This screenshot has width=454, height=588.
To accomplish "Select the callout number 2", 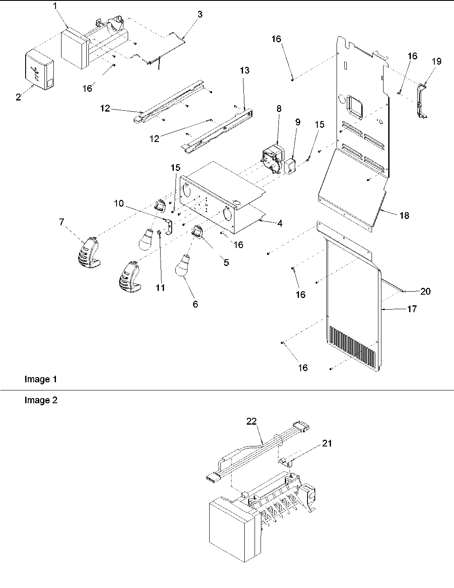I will (x=18, y=98).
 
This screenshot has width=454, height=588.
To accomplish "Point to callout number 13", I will (x=245, y=71).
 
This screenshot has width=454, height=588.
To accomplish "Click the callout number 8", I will (x=279, y=109).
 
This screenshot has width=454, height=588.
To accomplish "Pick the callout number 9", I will (x=298, y=122).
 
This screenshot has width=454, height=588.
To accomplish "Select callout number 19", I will (x=436, y=61).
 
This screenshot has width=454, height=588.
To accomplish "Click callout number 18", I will (x=404, y=216).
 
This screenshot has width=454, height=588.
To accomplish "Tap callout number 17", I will (x=413, y=309).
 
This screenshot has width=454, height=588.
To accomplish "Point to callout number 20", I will (x=425, y=292).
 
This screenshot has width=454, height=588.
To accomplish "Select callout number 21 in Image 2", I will (x=327, y=443).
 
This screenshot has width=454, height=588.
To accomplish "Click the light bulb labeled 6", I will (x=185, y=266).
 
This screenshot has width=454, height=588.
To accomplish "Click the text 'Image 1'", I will (x=41, y=379).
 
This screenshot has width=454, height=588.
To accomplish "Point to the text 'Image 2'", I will (x=41, y=401).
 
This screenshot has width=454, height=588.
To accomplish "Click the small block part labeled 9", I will (x=291, y=166).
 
